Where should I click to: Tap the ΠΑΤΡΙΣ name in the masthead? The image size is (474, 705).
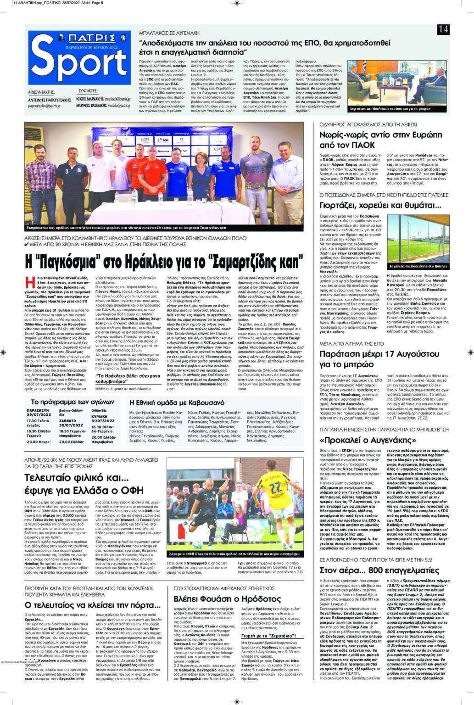tap(80, 38)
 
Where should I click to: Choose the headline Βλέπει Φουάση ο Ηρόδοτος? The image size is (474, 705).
tap(227, 599)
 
